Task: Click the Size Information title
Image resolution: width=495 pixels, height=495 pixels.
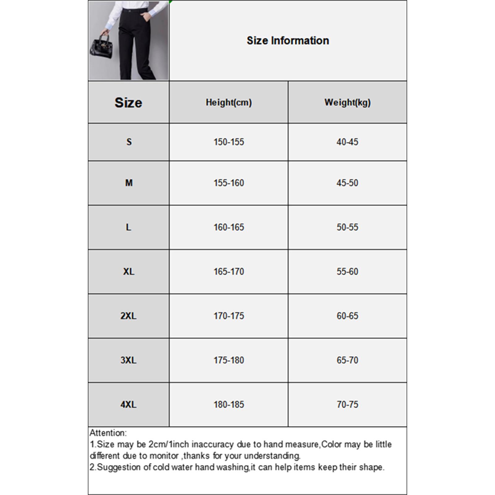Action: tap(288, 41)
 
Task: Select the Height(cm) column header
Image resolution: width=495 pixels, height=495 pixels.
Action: tap(229, 102)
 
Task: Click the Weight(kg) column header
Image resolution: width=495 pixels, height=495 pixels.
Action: tap(347, 102)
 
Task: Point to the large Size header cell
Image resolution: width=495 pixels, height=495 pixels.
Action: tap(128, 102)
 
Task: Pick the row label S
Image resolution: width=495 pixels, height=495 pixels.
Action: tap(129, 142)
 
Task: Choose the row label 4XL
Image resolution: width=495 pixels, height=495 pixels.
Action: tap(128, 404)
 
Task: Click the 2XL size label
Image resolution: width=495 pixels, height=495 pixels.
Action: tap(128, 316)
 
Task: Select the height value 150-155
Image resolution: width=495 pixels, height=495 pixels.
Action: tap(229, 142)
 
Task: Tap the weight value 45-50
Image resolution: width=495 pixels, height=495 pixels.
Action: tap(347, 183)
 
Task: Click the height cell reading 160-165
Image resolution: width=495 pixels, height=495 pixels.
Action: tap(229, 227)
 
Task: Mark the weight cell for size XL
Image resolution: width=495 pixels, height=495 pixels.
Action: tap(347, 272)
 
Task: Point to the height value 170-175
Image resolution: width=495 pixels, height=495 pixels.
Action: tap(229, 316)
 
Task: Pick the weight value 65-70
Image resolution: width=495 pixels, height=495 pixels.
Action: tap(347, 360)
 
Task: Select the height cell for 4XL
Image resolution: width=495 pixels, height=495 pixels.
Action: tap(229, 404)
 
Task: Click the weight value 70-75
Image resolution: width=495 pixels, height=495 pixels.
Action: tap(347, 404)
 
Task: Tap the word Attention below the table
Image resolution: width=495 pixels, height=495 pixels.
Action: tap(108, 433)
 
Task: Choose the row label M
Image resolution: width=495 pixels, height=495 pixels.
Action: tap(129, 183)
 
